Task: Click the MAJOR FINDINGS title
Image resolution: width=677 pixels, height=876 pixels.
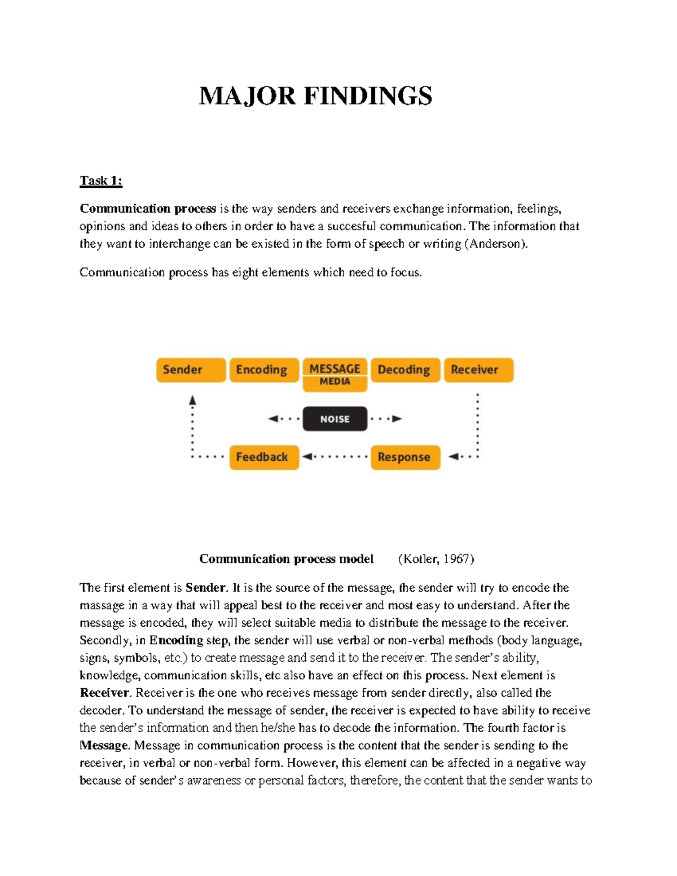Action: [315, 96]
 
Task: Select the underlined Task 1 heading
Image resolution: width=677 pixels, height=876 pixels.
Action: [101, 181]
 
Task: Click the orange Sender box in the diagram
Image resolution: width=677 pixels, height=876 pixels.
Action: [191, 370]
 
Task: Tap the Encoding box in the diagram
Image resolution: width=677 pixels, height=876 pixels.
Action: [263, 370]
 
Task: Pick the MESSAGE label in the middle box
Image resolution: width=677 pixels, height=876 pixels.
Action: [335, 368]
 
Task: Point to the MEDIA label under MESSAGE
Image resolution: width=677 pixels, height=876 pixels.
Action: [335, 382]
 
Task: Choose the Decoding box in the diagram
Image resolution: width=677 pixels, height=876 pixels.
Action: [405, 370]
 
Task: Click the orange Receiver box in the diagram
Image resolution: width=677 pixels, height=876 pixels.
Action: [478, 370]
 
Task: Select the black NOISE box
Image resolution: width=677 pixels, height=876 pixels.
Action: [335, 419]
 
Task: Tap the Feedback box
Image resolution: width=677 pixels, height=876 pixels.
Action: [263, 457]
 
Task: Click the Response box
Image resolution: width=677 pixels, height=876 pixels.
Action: [405, 457]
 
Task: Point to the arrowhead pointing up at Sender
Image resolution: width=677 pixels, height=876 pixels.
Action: [192, 400]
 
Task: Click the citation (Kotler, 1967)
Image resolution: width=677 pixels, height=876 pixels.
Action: [436, 559]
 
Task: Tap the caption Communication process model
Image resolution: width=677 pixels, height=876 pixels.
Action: [286, 559]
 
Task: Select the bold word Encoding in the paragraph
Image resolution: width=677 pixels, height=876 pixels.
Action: [175, 641]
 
